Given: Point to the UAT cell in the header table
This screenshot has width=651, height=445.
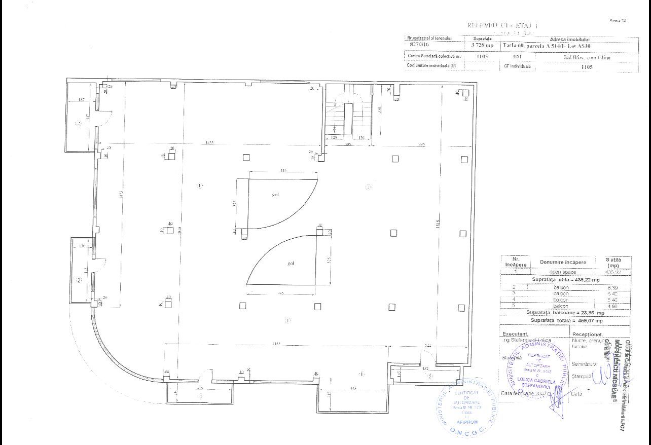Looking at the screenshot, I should point(517,57).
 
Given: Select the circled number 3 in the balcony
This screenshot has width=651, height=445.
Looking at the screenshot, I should point(79,279).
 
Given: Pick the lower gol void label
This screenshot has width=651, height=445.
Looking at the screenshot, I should point(291,263).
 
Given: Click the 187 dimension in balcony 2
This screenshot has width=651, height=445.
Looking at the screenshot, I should point(81,100).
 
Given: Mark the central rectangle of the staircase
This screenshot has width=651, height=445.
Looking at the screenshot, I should point(348,118).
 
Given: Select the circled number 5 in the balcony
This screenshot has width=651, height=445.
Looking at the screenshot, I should point(430,376).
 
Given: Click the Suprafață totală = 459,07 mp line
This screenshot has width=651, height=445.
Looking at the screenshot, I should point(566,320).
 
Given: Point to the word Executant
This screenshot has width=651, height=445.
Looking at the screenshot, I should point(515,334).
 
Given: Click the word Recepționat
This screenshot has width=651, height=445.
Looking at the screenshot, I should point(588,335).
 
